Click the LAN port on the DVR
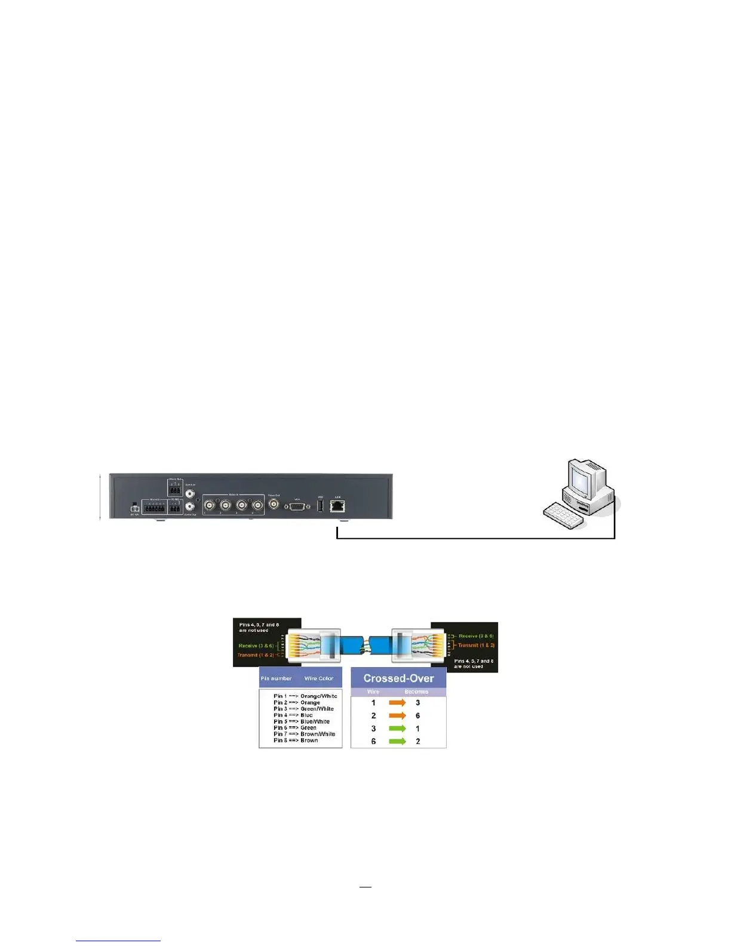tap(337, 506)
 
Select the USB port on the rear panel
tap(320, 506)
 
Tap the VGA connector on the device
tap(297, 506)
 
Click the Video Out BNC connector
tap(274, 505)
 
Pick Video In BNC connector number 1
tap(210, 506)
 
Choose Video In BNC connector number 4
tap(257, 506)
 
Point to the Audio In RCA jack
tap(190, 494)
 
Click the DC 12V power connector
tap(134, 508)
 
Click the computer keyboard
tap(563, 515)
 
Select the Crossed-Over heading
tap(398, 678)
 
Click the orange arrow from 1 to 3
tap(397, 703)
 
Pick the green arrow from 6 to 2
tap(397, 741)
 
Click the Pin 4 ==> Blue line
tap(293, 715)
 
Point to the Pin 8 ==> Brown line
tap(296, 741)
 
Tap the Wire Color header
tap(318, 678)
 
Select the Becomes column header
tap(416, 692)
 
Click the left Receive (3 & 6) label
tap(256, 646)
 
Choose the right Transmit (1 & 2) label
tap(476, 645)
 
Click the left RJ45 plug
tap(314, 646)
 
